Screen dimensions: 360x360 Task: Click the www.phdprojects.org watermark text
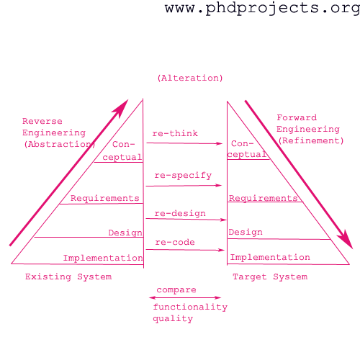tap(262, 9)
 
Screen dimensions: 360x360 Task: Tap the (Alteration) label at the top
tap(190, 78)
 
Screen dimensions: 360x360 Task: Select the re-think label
tap(175, 133)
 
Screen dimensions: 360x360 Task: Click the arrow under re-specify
tap(184, 186)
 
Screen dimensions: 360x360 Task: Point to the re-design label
tap(180, 213)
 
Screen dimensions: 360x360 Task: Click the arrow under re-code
tap(185, 250)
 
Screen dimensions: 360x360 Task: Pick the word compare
tap(176, 290)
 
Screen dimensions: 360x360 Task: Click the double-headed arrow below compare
tap(185, 297)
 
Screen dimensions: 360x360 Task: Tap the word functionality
tap(190, 307)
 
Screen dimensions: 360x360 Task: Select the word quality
tap(173, 318)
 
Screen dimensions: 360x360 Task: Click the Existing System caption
tap(68, 276)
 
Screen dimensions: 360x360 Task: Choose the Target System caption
tap(270, 276)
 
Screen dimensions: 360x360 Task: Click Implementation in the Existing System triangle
tap(103, 258)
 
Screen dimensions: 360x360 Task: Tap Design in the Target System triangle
tap(246, 232)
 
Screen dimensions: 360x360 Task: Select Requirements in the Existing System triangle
tap(104, 198)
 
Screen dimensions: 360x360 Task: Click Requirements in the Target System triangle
tap(263, 198)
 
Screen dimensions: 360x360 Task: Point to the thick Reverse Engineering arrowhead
tap(122, 107)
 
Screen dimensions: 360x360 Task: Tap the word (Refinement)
tap(311, 140)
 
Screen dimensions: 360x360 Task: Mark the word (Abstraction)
tap(60, 144)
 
